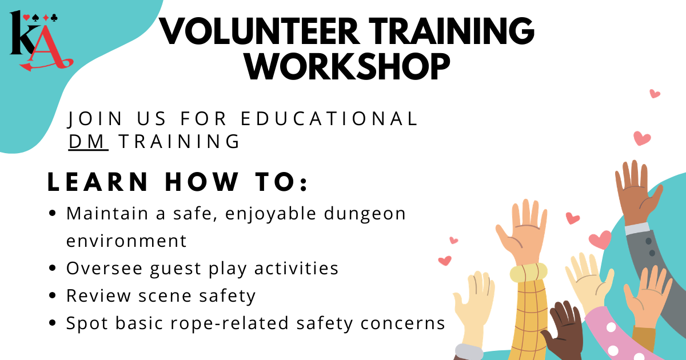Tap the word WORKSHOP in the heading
[347, 67]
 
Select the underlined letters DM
[88, 141]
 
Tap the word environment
[126, 241]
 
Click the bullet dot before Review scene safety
[53, 296]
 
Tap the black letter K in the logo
[23, 37]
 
